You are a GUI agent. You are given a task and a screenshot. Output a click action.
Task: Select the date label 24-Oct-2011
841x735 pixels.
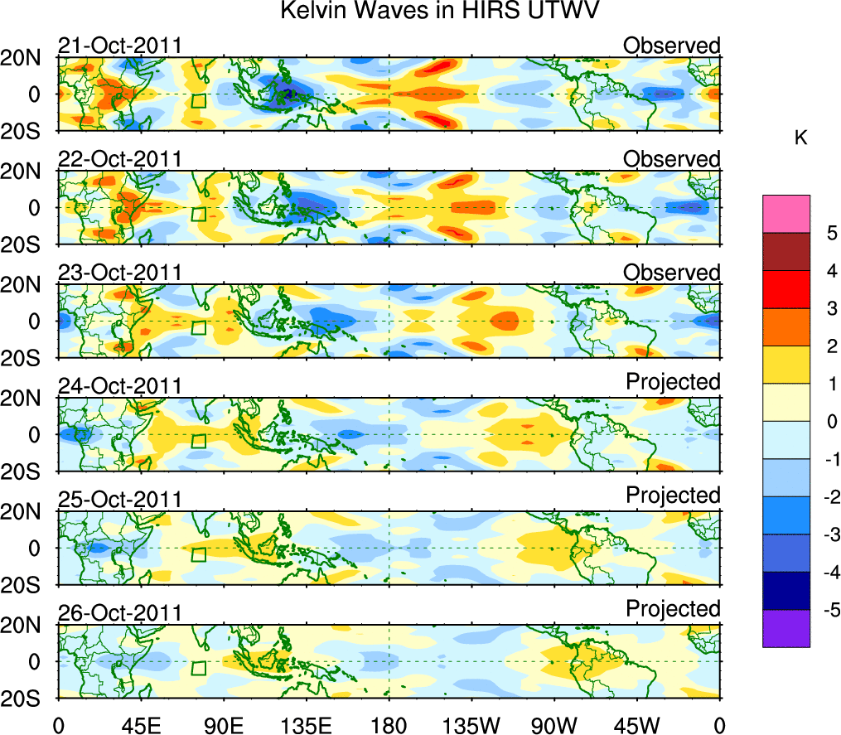point(120,387)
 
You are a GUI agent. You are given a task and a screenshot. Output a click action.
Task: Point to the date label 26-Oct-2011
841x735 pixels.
point(120,614)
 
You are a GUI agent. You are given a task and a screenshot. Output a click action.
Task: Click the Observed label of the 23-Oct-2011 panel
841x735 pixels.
point(672,273)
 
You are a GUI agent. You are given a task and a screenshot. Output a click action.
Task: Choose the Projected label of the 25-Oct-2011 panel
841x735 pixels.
point(673,496)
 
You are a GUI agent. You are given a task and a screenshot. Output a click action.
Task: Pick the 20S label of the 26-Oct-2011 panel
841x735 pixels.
point(30,698)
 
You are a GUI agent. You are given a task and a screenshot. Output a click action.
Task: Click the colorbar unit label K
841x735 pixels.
point(801,138)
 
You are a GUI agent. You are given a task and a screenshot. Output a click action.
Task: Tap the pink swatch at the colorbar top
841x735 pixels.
point(785,214)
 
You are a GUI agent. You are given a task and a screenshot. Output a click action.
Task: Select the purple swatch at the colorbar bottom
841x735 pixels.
point(785,628)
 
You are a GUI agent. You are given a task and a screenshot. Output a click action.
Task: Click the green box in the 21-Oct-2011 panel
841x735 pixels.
point(198,100)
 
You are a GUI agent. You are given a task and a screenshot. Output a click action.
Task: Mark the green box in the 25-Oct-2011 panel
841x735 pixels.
point(198,554)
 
